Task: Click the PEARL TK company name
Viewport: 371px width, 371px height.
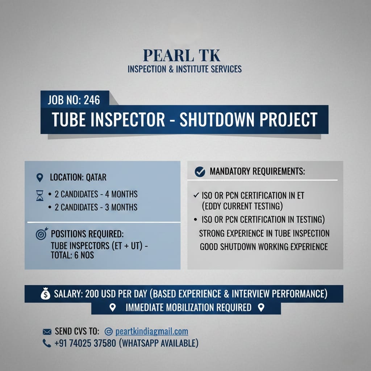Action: (x=182, y=55)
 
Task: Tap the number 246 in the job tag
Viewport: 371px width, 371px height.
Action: (x=92, y=100)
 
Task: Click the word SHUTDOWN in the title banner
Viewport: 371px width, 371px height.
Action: (x=217, y=120)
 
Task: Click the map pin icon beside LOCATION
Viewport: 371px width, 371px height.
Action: (x=39, y=178)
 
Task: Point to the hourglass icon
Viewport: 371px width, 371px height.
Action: (x=40, y=196)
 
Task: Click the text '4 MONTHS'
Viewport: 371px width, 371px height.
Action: (x=121, y=194)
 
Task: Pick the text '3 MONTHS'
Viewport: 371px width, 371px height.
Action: (x=121, y=207)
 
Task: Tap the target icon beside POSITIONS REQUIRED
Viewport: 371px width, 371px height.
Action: (x=42, y=234)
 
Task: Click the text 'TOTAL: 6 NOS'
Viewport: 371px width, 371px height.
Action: (x=72, y=255)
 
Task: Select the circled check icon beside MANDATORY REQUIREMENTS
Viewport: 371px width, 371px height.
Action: (x=200, y=171)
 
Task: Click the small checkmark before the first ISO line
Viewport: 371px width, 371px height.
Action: (x=196, y=195)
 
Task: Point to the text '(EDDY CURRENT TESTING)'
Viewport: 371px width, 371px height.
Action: (x=242, y=206)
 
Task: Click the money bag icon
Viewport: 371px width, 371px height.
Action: (x=45, y=293)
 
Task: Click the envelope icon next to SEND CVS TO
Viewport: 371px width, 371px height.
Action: (x=47, y=332)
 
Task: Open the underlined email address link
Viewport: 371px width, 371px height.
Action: (x=152, y=332)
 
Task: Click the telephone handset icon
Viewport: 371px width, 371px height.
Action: (x=47, y=343)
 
